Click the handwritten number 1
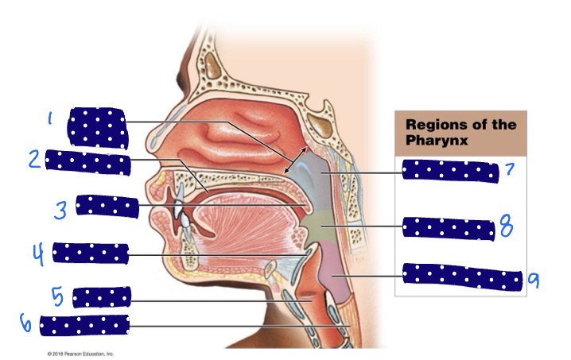pyautogui.click(x=50, y=118)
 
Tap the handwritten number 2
pyautogui.click(x=35, y=159)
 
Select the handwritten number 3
pyautogui.click(x=60, y=210)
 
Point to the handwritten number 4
pyautogui.click(x=39, y=254)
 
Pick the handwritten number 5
pyautogui.click(x=57, y=296)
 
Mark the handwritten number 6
pyautogui.click(x=25, y=323)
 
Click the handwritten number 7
pyautogui.click(x=510, y=169)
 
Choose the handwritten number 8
pyautogui.click(x=506, y=226)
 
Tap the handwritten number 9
pyautogui.click(x=534, y=280)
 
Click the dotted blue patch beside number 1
pyautogui.click(x=97, y=128)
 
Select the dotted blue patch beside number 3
pyautogui.click(x=107, y=207)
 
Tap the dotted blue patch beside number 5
pyautogui.click(x=102, y=297)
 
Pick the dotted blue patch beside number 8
pyautogui.click(x=449, y=229)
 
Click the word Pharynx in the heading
pyautogui.click(x=437, y=140)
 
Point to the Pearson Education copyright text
pyautogui.click(x=80, y=354)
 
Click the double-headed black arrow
pyautogui.click(x=295, y=160)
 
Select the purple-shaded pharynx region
pyautogui.click(x=334, y=273)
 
